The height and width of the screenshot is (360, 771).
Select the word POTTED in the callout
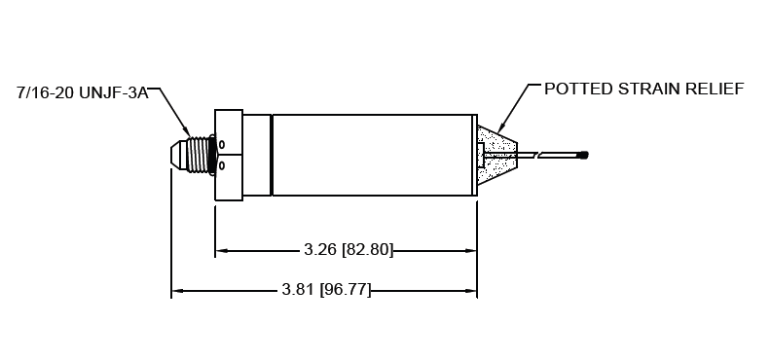[x=575, y=89]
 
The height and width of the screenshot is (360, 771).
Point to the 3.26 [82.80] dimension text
[x=348, y=250]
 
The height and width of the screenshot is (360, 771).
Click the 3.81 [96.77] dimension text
[x=325, y=290]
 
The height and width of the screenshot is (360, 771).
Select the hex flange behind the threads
[x=228, y=155]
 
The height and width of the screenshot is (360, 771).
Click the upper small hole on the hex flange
[x=221, y=146]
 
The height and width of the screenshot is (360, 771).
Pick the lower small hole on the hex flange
[x=221, y=165]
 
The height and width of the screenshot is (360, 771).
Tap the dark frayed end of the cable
[x=583, y=155]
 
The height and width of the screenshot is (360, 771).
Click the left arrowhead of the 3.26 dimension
[x=221, y=250]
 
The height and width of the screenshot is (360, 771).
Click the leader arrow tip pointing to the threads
[x=189, y=133]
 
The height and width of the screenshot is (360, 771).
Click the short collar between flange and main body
[x=257, y=155]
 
